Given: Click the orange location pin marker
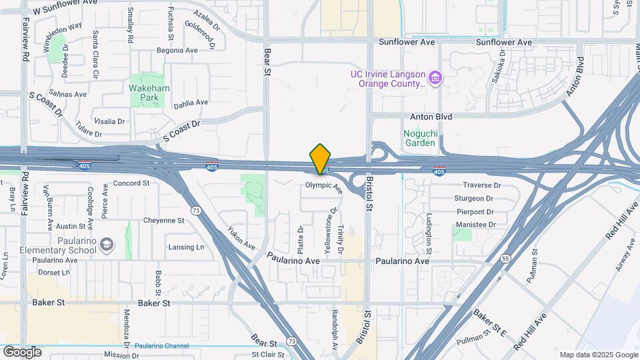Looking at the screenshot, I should tap(320, 159).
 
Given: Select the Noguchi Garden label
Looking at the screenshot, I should tap(420, 137).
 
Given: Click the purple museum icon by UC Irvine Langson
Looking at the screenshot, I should tap(435, 79).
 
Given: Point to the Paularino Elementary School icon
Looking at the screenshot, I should tap(107, 245).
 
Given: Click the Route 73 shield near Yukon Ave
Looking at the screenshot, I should tap(195, 210).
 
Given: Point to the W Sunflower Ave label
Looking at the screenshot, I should tap(65, 11).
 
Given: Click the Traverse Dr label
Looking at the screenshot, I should tap(477, 185).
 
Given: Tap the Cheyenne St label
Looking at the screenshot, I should tap(163, 220).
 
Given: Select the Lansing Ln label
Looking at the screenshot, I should tap(186, 247).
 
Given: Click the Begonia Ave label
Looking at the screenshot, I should tap(177, 50).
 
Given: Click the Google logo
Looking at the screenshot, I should tap(22, 351).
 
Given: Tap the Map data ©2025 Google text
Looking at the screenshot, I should tap(599, 355).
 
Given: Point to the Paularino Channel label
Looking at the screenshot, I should tap(161, 345).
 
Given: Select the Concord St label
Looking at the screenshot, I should tap(131, 183).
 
